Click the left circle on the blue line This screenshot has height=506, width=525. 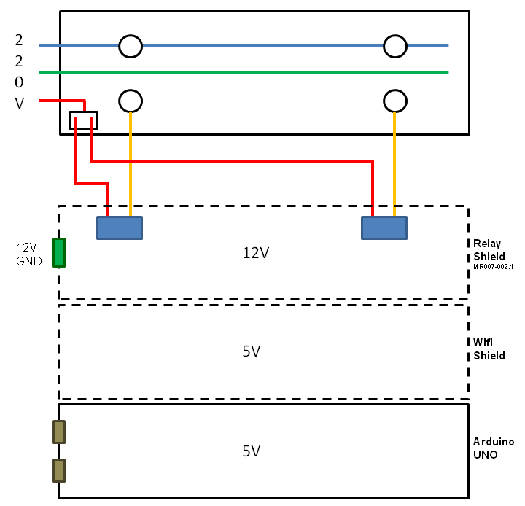[130, 46]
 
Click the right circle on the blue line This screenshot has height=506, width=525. [395, 46]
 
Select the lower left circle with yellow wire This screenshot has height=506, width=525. [130, 100]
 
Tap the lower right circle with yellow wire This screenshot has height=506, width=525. [395, 100]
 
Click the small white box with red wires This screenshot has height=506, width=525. [83, 120]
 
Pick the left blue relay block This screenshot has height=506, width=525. [120, 228]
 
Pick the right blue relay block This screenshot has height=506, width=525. [384, 228]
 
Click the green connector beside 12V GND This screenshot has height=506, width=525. [60, 253]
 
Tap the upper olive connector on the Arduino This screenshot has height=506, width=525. [59, 432]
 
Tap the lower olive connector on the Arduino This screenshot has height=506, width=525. [59, 470]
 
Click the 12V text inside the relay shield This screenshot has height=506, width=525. [256, 253]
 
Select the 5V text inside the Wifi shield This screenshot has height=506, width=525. [252, 351]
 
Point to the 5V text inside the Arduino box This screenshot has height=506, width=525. [252, 451]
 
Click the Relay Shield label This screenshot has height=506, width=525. [489, 249]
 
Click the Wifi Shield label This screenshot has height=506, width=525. [489, 349]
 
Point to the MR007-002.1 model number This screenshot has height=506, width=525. [494, 267]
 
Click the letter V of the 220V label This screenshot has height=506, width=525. [20, 104]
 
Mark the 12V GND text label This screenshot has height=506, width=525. [29, 254]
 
